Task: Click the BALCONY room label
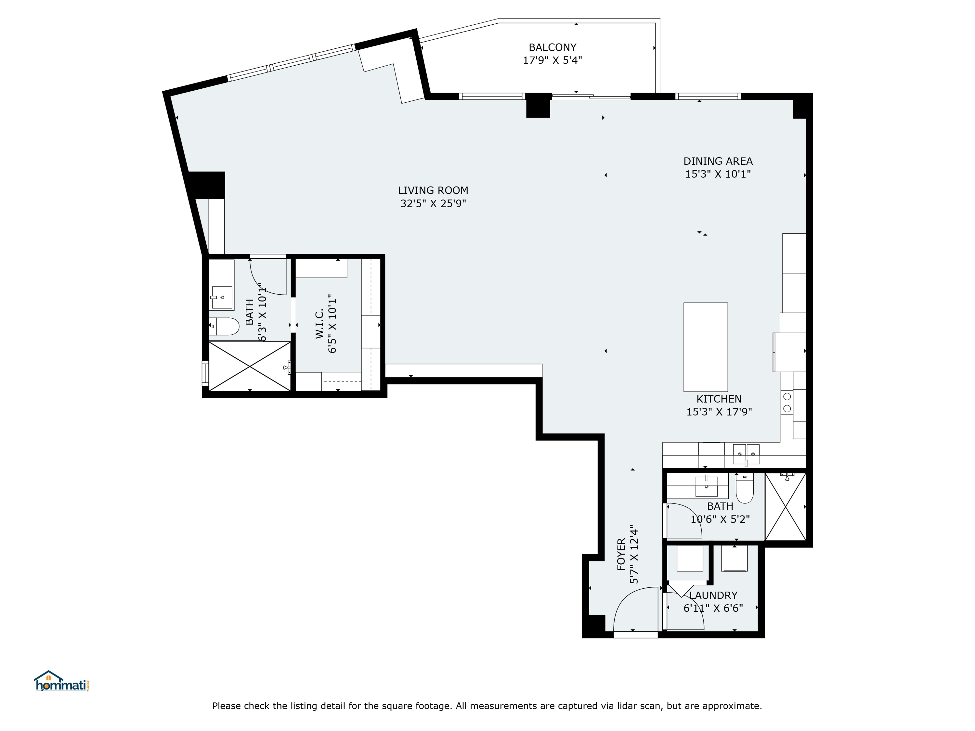tap(552, 47)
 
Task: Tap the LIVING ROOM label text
tap(433, 190)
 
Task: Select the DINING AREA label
tap(718, 161)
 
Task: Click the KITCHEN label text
tap(719, 399)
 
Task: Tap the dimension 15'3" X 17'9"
tap(719, 412)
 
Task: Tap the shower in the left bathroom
tap(250, 366)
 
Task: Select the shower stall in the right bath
tap(786, 507)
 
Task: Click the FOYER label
tap(621, 554)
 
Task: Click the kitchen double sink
tap(746, 454)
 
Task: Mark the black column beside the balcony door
tap(538, 106)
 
